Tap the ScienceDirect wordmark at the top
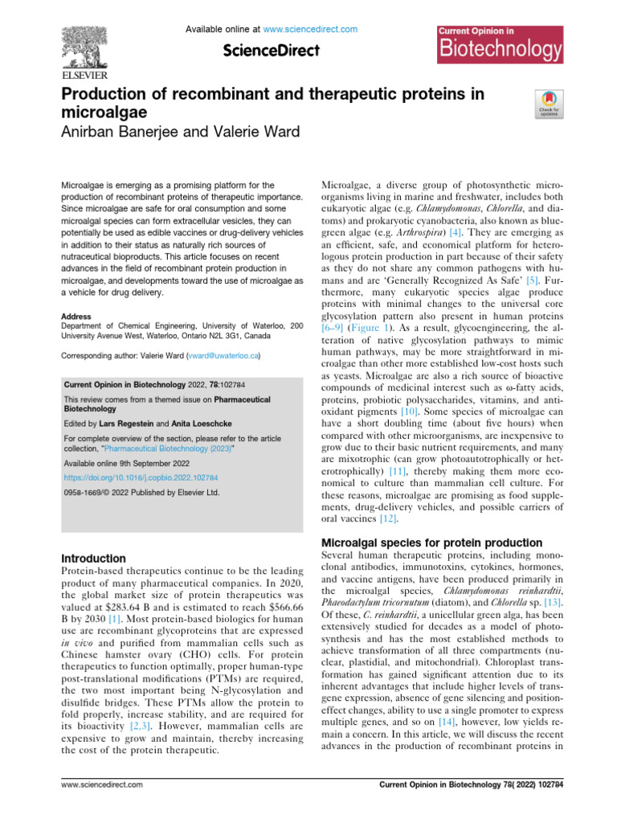272,50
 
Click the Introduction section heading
93,558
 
